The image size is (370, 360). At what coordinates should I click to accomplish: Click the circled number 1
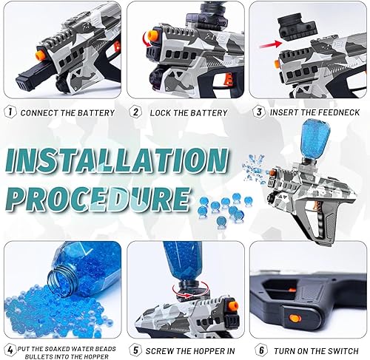tap(10, 112)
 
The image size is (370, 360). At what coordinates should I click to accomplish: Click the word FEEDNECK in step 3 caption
tap(339, 112)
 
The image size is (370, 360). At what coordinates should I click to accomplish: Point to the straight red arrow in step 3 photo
tap(291, 46)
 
